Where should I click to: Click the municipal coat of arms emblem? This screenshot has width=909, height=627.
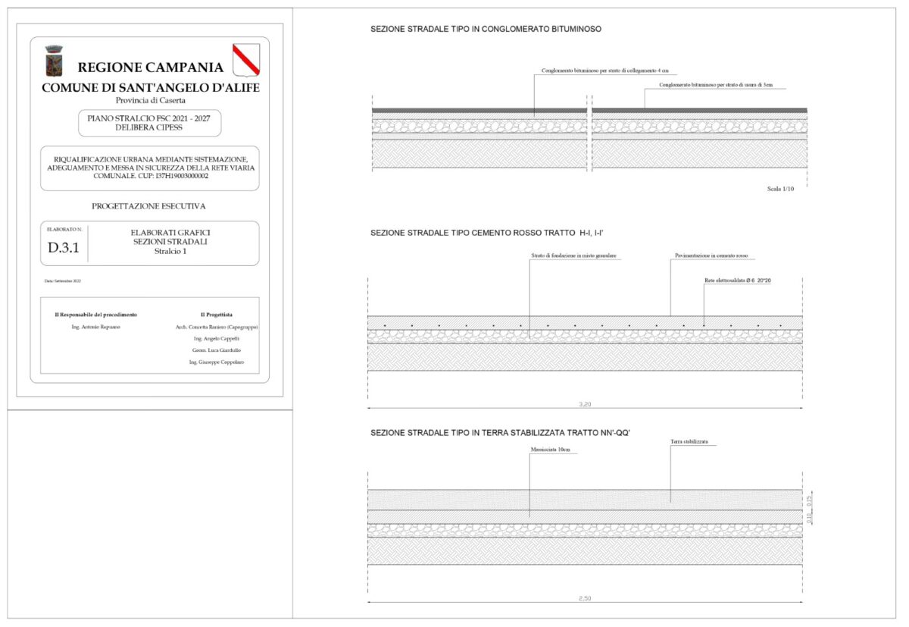54,61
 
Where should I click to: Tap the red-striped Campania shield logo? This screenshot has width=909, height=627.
245,60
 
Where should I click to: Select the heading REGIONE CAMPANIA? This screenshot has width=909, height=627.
150,67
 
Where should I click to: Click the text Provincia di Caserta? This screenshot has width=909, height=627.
150,100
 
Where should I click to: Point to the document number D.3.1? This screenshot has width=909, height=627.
63,247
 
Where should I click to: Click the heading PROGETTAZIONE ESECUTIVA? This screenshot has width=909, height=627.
148,205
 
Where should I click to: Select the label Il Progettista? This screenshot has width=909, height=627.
216,314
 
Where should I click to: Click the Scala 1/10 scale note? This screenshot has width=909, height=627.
780,188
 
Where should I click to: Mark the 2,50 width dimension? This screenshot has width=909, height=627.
584,599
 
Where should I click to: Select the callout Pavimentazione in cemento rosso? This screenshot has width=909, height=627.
711,256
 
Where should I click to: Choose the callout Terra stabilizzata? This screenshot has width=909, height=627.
694,441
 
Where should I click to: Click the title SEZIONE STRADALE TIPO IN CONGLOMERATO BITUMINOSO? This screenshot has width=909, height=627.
486,29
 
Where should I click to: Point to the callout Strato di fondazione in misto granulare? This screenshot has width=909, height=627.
573,256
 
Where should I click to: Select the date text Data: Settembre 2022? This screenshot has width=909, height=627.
63,281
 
